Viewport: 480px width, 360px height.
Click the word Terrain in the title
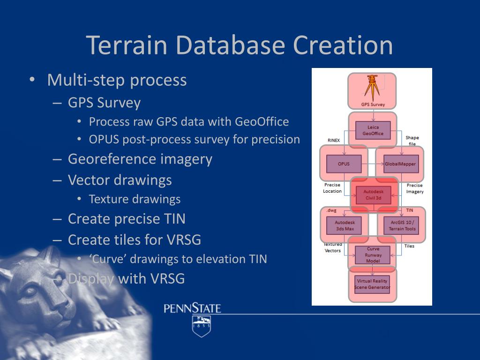click(x=127, y=45)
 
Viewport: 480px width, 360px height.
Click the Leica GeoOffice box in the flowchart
click(x=373, y=130)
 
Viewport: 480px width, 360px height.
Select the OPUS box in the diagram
click(x=344, y=164)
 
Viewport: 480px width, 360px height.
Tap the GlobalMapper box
click(x=401, y=164)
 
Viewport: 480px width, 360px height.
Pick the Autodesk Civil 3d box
click(x=373, y=195)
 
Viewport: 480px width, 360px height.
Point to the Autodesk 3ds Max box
click(x=345, y=225)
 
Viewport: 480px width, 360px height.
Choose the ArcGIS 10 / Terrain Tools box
click(x=402, y=225)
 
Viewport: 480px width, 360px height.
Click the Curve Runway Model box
click(x=373, y=255)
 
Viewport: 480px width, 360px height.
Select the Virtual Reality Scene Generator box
click(x=373, y=284)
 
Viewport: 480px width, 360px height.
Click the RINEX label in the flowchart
click(x=334, y=140)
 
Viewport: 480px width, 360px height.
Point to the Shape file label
click(x=412, y=141)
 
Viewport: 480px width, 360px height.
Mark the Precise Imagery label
click(x=415, y=188)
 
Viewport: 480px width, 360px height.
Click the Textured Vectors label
click(x=333, y=247)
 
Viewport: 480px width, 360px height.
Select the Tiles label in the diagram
click(x=409, y=246)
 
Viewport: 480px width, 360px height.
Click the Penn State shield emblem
click(x=201, y=326)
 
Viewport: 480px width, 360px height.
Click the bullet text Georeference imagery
click(x=140, y=159)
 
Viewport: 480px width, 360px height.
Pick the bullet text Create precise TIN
click(x=127, y=219)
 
